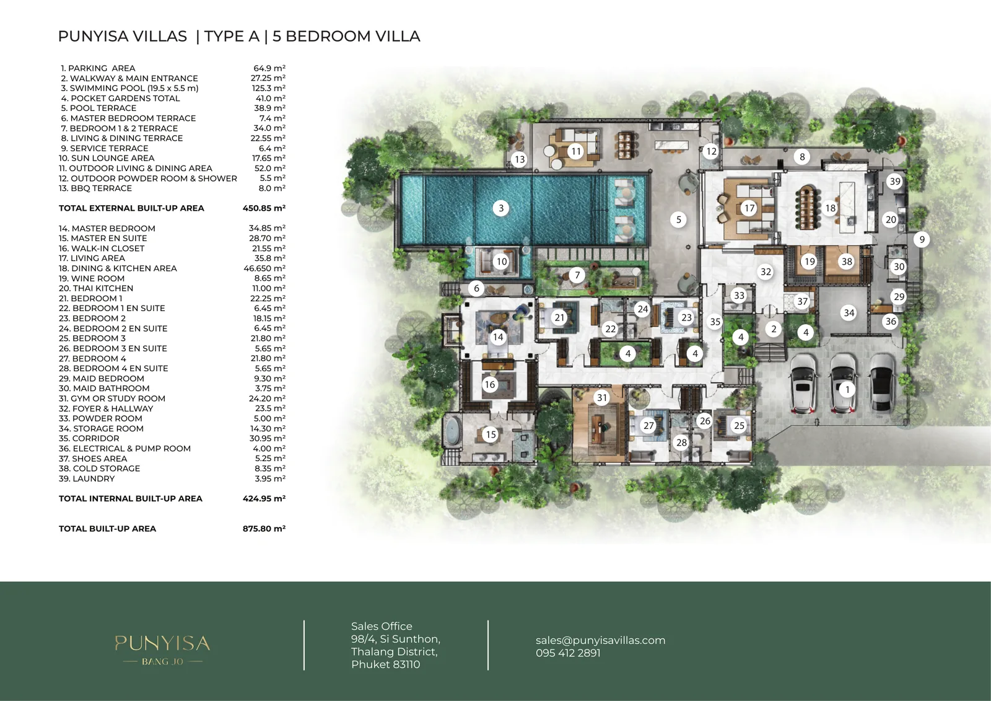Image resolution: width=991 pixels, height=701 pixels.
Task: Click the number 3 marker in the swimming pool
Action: point(501,208)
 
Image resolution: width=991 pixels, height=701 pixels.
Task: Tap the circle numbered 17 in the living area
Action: point(749,208)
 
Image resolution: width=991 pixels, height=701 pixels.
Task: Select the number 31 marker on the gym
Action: point(601,398)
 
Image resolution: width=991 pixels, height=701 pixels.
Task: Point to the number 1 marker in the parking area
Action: point(847,390)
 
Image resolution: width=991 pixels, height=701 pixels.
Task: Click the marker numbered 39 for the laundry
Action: point(894,181)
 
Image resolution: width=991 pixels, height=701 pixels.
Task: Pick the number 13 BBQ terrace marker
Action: point(520,159)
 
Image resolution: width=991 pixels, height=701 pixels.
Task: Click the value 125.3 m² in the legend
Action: point(269,88)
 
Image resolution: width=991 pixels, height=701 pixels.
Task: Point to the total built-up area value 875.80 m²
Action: point(264,528)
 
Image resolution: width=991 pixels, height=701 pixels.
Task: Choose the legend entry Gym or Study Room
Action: point(112,399)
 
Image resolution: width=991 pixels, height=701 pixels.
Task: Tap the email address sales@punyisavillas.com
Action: point(600,640)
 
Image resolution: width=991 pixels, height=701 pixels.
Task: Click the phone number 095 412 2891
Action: point(568,653)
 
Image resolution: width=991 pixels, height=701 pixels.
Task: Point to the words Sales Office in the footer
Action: point(382,626)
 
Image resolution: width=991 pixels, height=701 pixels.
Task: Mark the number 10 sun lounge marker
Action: point(501,262)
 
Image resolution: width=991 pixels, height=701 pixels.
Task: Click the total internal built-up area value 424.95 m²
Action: point(264,498)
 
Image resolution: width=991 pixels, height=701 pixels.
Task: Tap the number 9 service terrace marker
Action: point(922,240)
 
